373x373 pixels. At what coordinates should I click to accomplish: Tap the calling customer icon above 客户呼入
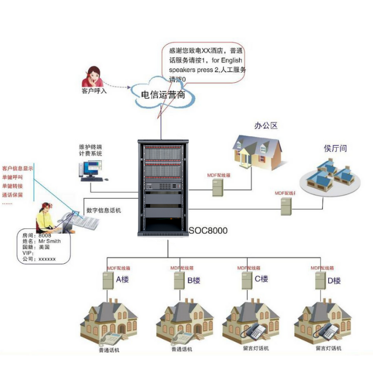coord(93,77)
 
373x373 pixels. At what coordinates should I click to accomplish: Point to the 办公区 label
coord(265,125)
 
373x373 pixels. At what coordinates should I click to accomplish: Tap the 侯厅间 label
coord(335,148)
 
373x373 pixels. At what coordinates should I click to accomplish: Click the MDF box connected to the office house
coord(217,187)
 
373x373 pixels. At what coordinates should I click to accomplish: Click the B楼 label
coord(193,280)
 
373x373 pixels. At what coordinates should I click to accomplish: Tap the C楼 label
coord(262,279)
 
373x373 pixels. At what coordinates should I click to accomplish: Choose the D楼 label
coord(334,280)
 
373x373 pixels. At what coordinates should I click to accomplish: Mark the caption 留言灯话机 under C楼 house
coord(256,348)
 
